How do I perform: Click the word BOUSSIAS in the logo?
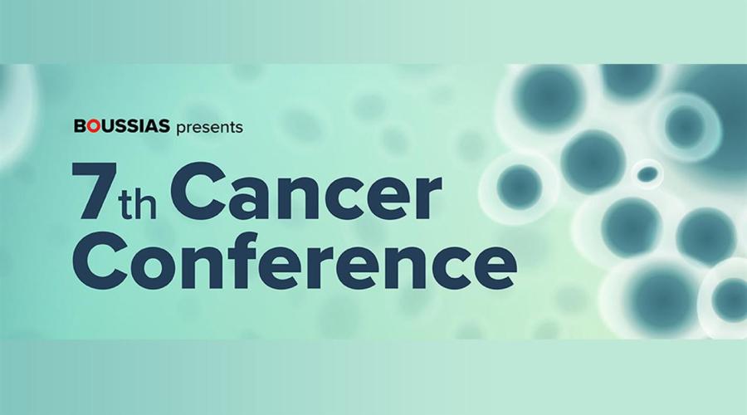tap(121, 126)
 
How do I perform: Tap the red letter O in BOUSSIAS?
tap(94, 126)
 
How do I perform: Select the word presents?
tap(210, 128)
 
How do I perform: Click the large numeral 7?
tap(95, 192)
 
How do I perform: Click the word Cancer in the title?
tap(305, 192)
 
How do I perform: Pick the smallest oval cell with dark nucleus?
tap(647, 174)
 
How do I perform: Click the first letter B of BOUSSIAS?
tap(80, 126)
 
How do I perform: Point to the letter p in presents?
tap(182, 129)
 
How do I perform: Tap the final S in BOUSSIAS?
tap(164, 126)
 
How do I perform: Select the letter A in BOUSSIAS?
tap(150, 126)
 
